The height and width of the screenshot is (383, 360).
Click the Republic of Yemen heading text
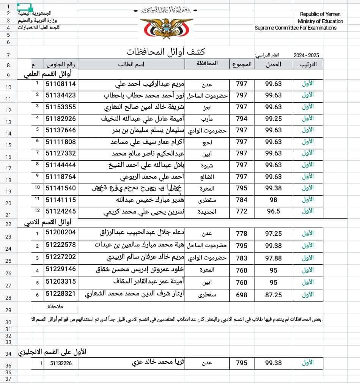(320, 14)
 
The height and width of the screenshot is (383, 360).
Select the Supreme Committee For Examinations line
(295, 28)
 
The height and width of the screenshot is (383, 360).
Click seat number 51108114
(61, 84)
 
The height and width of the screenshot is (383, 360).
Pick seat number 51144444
(61, 165)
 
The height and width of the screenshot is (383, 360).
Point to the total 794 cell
(242, 119)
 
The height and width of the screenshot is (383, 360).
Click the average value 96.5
(273, 211)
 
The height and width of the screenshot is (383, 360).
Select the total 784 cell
(242, 200)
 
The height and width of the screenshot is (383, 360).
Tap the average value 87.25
(273, 295)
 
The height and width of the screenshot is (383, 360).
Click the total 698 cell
(242, 295)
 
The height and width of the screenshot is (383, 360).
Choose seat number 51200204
(61, 232)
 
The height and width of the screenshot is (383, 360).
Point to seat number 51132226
(64, 363)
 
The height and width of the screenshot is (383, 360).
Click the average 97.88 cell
(273, 258)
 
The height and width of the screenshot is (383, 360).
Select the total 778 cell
(242, 234)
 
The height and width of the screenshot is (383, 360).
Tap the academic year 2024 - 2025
(306, 55)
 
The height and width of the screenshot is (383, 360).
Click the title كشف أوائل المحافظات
(166, 52)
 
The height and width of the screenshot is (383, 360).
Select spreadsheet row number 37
(9, 379)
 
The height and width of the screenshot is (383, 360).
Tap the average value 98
(273, 200)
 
